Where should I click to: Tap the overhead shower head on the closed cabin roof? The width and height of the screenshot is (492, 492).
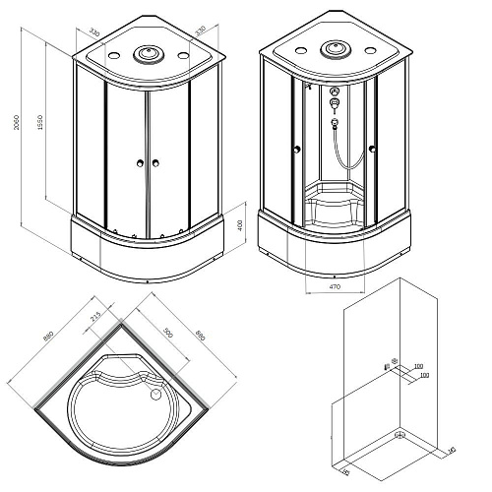[x=150, y=55]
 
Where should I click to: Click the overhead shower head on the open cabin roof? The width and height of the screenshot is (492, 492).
[x=335, y=48]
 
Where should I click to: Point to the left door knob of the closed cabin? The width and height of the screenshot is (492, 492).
[x=141, y=163]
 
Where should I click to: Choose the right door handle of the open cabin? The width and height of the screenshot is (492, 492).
[x=372, y=150]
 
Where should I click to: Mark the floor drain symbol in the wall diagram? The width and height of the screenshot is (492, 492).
[x=400, y=434]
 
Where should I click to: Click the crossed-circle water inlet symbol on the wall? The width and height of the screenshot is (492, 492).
[x=394, y=362]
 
